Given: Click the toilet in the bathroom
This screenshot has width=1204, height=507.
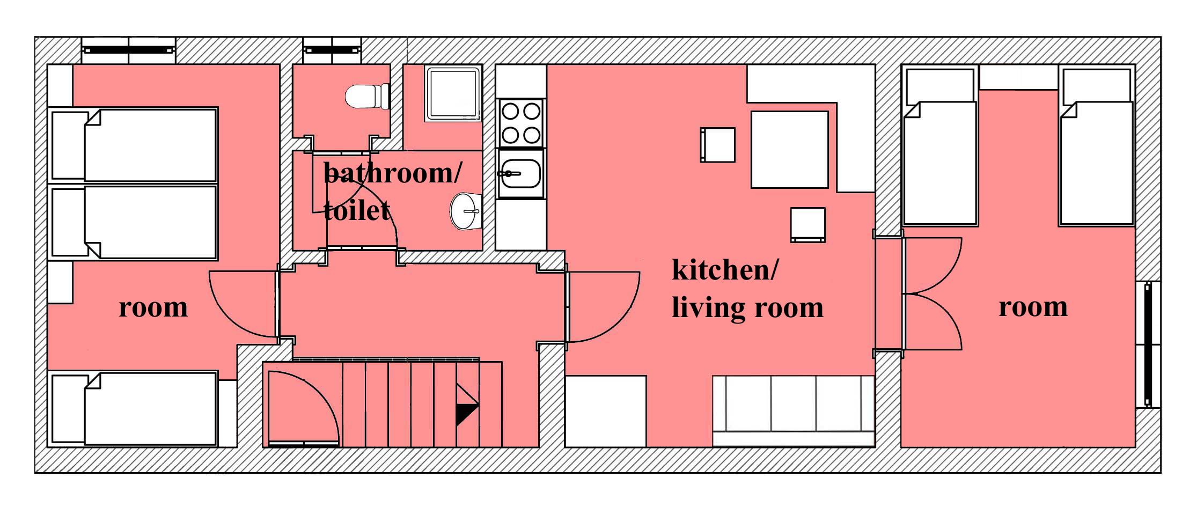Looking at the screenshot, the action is (368, 97).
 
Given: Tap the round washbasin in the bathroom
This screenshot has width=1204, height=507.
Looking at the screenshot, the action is (465, 211).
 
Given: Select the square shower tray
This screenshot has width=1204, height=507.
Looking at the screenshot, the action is (453, 93).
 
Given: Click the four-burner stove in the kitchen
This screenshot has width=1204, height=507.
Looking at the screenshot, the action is (520, 122).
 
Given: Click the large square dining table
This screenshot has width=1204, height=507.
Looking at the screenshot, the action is (789, 149).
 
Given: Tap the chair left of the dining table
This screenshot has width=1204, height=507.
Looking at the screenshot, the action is (717, 145).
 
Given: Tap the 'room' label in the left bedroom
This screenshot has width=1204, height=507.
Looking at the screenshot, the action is (153, 307).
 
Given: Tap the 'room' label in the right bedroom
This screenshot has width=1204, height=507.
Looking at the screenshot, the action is (1033, 307).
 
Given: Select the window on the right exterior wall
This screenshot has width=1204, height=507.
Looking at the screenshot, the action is (1148, 345).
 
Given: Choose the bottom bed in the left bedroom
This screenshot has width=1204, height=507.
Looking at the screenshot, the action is (134, 409).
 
